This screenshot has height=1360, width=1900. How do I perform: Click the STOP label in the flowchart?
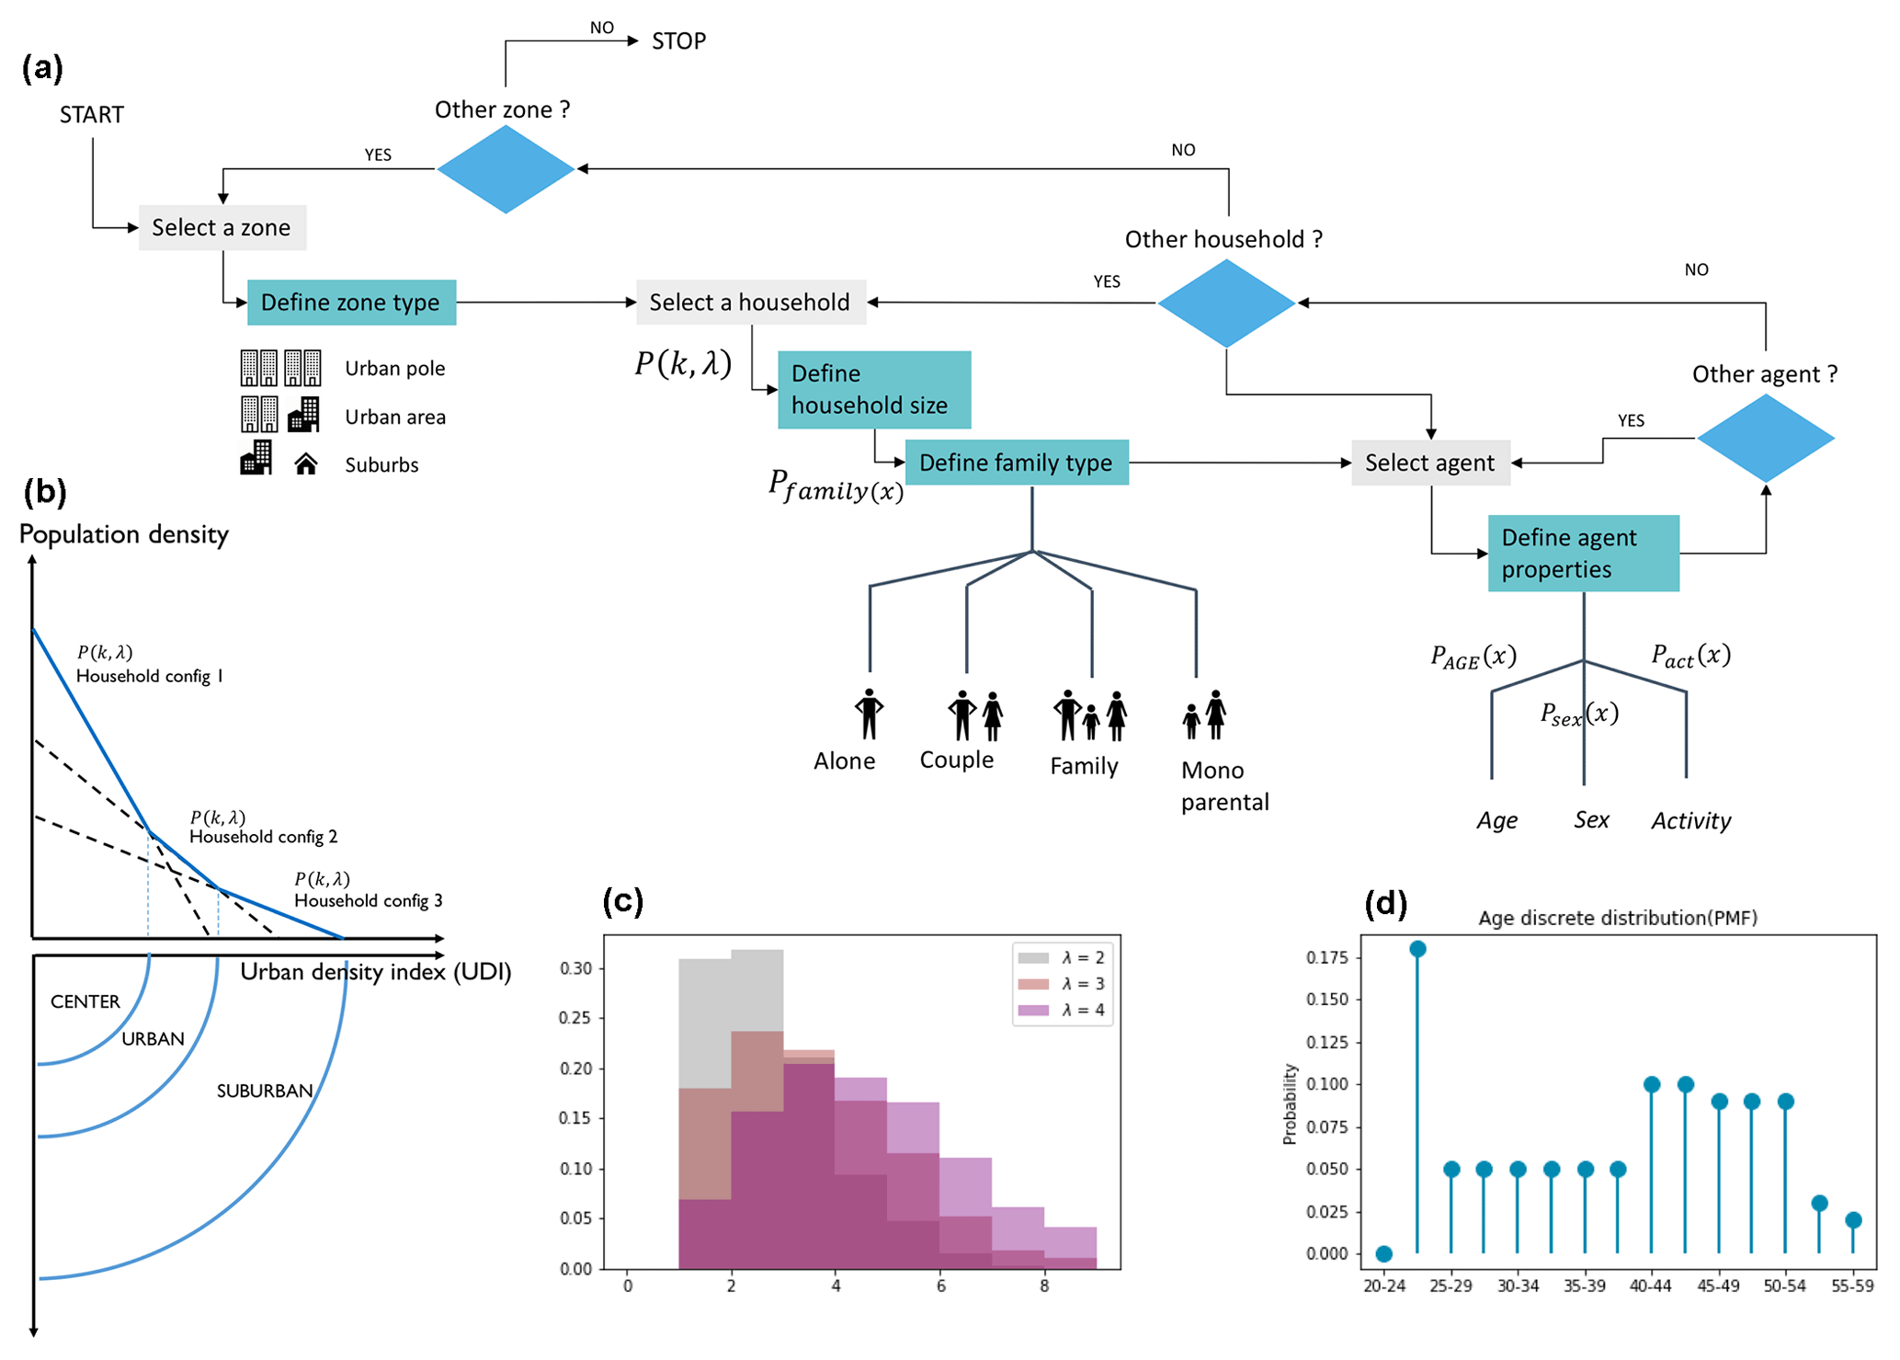pos(678,41)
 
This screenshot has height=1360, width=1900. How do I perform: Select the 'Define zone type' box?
pos(351,303)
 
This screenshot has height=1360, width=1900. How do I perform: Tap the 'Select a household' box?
pos(750,303)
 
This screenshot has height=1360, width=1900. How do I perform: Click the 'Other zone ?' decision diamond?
pos(506,169)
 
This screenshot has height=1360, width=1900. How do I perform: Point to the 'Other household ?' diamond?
pos(1226,303)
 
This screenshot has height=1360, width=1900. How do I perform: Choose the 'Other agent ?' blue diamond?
pos(1765,438)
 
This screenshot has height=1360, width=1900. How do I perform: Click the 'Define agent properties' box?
pos(1583,554)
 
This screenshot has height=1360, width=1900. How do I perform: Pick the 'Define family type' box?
pos(1017,463)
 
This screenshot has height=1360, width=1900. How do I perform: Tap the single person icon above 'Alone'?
pos(869,714)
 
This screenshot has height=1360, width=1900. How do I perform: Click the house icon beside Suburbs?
pos(306,464)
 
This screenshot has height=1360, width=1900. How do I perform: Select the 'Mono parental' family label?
pos(1224,786)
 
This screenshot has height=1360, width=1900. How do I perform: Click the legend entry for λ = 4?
pos(1062,1010)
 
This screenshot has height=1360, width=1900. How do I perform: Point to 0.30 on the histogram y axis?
pos(575,968)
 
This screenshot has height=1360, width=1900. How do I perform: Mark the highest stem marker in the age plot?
pos(1417,949)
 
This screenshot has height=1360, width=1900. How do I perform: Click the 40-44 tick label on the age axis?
pos(1650,1286)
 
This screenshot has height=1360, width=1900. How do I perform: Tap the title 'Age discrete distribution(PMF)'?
pos(1618,918)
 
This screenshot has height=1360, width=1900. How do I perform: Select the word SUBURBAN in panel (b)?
pos(265,1091)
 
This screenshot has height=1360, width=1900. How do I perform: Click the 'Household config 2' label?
pos(264,837)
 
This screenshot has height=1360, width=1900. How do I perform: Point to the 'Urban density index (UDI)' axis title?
pos(375,972)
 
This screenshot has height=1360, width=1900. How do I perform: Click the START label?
pos(92,115)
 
